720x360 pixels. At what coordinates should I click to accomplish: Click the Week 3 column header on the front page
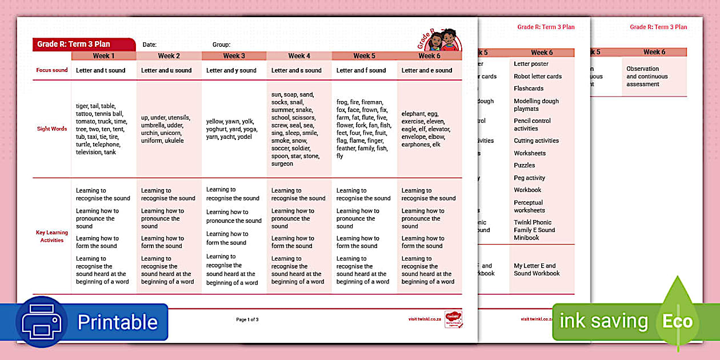[x=234, y=56]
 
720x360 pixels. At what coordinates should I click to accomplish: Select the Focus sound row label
[x=52, y=70]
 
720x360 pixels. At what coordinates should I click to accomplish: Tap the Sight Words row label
[x=52, y=129]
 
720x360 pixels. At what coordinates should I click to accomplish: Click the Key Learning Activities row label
[x=52, y=237]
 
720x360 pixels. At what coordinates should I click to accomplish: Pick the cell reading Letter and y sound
[x=231, y=71]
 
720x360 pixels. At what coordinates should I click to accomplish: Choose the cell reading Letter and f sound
[x=362, y=71]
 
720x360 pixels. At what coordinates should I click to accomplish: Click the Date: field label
[x=149, y=45]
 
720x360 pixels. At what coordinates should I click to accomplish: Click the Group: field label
[x=221, y=45]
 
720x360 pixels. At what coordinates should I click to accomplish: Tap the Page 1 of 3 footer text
[x=247, y=319]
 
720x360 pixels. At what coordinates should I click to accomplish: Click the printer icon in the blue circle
[x=42, y=322]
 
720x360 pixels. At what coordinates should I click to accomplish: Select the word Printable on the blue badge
[x=117, y=322]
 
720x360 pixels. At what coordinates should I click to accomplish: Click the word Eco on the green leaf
[x=677, y=321]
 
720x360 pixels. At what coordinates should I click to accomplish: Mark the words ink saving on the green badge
[x=603, y=321]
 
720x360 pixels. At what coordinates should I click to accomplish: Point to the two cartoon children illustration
[x=441, y=41]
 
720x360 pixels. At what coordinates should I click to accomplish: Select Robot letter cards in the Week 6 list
[x=537, y=77]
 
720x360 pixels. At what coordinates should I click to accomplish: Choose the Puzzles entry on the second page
[x=524, y=166]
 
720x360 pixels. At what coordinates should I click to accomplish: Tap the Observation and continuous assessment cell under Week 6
[x=647, y=77]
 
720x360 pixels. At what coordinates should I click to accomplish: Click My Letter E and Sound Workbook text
[x=537, y=270]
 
